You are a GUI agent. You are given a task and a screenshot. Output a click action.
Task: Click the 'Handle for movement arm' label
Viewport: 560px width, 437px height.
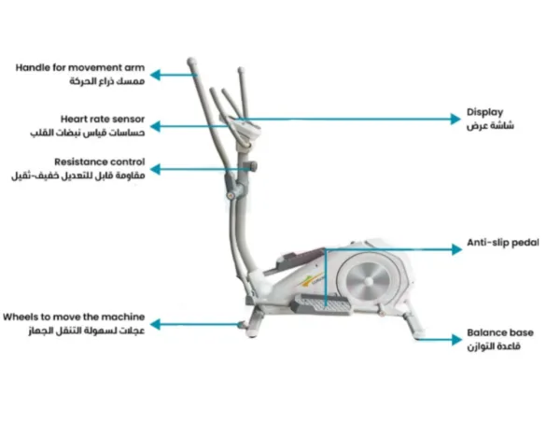[x=80, y=67]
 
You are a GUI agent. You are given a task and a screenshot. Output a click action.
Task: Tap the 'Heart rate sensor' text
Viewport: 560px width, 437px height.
[x=103, y=119]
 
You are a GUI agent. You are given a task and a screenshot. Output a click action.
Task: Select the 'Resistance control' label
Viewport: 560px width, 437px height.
[x=100, y=162]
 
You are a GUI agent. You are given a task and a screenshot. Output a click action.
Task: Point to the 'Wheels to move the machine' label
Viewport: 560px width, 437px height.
[x=74, y=317]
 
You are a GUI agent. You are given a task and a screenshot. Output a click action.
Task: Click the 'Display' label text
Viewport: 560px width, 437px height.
[x=484, y=113]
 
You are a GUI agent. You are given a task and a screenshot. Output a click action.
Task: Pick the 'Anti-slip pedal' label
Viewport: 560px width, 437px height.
[x=503, y=243]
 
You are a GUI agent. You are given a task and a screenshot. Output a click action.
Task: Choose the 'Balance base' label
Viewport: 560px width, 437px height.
[x=500, y=332]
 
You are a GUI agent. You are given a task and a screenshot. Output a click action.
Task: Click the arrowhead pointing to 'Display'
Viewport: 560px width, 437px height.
[x=455, y=119]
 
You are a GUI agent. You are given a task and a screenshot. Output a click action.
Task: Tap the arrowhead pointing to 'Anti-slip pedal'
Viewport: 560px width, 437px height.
[x=456, y=249]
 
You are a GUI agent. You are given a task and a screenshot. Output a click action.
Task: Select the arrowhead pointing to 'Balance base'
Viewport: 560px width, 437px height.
[x=456, y=340]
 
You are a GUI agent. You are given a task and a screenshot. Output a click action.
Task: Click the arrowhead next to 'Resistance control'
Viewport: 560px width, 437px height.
[x=155, y=169]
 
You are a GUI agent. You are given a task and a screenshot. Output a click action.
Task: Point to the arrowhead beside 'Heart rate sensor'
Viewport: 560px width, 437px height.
[x=155, y=126]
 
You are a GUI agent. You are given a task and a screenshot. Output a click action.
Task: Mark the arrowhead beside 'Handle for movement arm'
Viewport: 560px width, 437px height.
[x=155, y=75]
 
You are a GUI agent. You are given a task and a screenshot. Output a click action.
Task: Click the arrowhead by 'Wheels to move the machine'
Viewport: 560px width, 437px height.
[x=155, y=324]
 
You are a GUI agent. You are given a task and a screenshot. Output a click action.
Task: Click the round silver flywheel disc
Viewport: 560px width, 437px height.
[x=369, y=281]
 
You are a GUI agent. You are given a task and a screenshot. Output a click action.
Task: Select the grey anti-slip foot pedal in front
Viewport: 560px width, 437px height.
[x=321, y=305]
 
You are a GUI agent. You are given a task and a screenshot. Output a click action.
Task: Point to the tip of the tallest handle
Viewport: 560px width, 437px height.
[x=191, y=61]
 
